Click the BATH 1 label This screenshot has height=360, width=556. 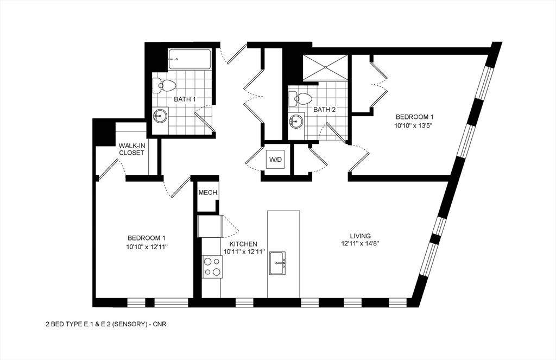(x=185, y=99)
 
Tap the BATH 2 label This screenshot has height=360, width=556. (x=325, y=110)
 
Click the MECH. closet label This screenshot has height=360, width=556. (x=207, y=193)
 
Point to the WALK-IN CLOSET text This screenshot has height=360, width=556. (x=131, y=149)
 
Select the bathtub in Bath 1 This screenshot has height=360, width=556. (x=189, y=59)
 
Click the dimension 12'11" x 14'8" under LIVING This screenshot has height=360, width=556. (x=360, y=244)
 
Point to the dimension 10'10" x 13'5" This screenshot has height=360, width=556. (x=414, y=125)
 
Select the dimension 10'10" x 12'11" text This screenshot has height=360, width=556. (x=147, y=247)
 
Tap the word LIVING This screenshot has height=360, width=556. (x=360, y=236)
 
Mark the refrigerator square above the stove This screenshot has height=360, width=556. (x=209, y=226)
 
